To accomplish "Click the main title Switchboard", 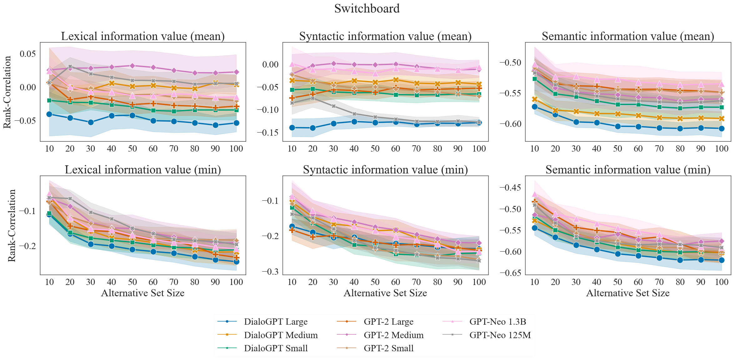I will tap(367, 9).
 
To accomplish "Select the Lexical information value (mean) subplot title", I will tap(143, 36).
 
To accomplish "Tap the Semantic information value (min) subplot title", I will tap(628, 170).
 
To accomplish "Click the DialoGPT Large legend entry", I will tap(276, 322).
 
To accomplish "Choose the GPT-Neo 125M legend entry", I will tap(500, 335).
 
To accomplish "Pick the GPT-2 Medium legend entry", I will tap(394, 335).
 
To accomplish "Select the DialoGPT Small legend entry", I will tap(276, 348).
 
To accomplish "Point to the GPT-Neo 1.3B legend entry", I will tap(498, 322).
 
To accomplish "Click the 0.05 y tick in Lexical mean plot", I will tap(28, 54).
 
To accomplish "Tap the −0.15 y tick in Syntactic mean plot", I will tap(268, 132).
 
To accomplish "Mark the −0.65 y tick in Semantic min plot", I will tap(510, 273).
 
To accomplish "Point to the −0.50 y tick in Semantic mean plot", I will tap(510, 62).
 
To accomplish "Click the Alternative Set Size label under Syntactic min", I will tap(385, 293).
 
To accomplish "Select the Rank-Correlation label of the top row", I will tap(7, 92).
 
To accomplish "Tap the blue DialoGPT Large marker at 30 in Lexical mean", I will tap(91, 122).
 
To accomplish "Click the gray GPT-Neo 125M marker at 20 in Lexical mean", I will tap(70, 67).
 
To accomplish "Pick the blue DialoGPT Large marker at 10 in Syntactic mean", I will tap(292, 127).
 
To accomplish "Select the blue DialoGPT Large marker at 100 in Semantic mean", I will tap(721, 128).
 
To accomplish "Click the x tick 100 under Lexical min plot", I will tap(236, 282).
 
